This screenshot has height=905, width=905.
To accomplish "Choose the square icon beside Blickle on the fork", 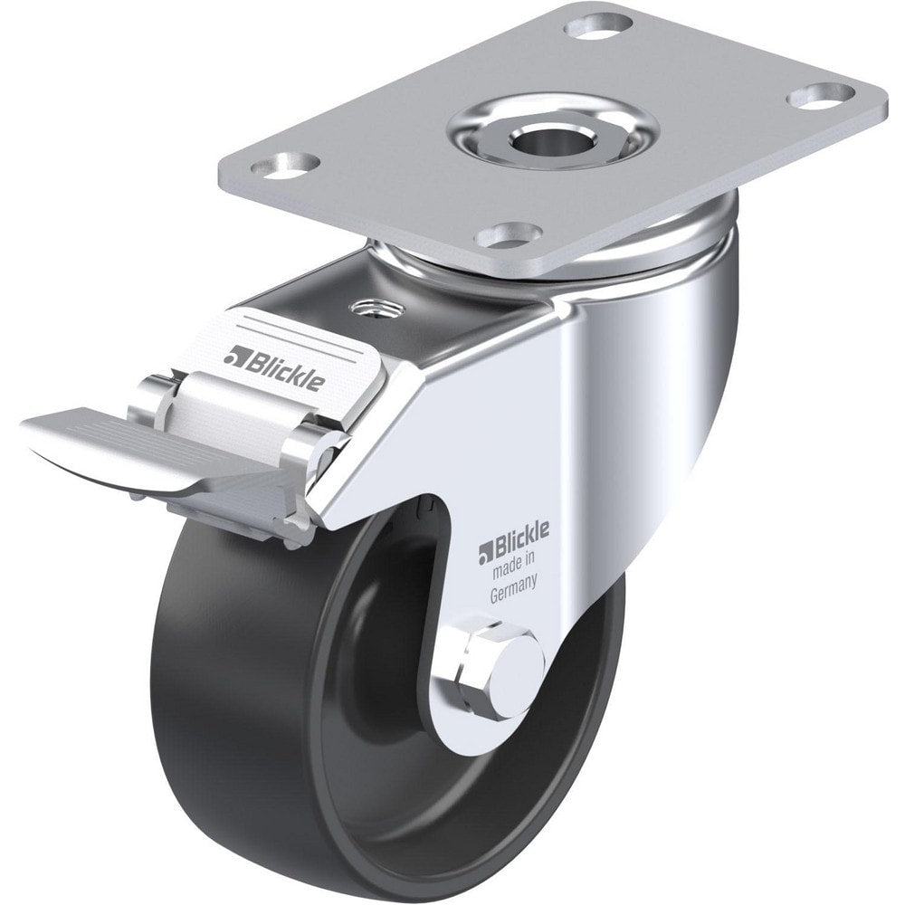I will [x=485, y=548].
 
